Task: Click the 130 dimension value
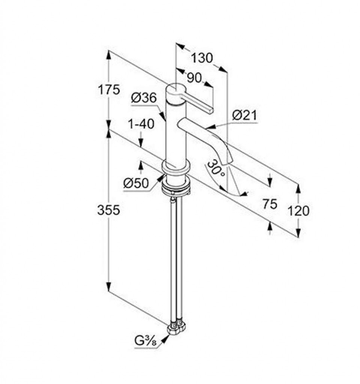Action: pyautogui.click(x=202, y=58)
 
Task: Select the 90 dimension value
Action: pyautogui.click(x=194, y=78)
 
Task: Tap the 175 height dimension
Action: pyautogui.click(x=108, y=90)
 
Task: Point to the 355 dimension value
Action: pyautogui.click(x=108, y=210)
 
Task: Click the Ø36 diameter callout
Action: pyautogui.click(x=144, y=98)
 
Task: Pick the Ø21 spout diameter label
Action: pyautogui.click(x=244, y=115)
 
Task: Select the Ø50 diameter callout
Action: pyautogui.click(x=136, y=183)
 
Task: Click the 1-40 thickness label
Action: pyautogui.click(x=141, y=124)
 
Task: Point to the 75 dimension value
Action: pyautogui.click(x=270, y=204)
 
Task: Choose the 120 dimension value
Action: pyautogui.click(x=298, y=211)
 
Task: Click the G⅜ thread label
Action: pyautogui.click(x=145, y=341)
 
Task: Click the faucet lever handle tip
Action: pyautogui.click(x=211, y=110)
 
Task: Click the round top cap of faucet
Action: pyautogui.click(x=176, y=90)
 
